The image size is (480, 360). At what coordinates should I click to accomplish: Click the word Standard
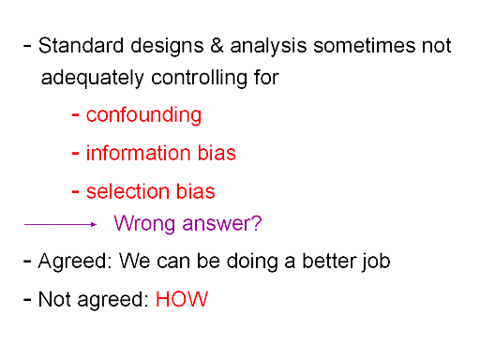(82, 45)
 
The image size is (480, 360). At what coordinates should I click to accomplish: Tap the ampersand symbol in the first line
(217, 46)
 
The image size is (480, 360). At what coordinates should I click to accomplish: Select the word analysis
(268, 47)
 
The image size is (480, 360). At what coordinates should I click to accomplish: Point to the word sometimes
(365, 46)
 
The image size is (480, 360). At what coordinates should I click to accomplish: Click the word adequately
(93, 79)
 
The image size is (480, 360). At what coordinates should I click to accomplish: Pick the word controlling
(199, 79)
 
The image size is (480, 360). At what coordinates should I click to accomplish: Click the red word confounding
(143, 115)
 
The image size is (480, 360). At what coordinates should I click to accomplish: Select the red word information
(139, 153)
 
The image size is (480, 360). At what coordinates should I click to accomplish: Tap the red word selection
(127, 191)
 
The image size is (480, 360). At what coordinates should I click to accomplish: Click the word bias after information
(217, 153)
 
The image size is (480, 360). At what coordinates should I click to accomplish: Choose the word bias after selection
(196, 191)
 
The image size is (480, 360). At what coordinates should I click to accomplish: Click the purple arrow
(60, 224)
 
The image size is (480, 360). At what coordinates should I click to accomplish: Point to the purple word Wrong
(145, 224)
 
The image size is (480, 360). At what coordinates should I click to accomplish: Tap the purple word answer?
(222, 224)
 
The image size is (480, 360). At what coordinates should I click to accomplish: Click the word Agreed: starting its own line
(75, 262)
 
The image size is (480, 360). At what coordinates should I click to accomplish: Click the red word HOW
(182, 299)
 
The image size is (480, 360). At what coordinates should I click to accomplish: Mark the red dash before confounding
(75, 115)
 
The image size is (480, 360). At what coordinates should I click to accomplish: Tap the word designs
(167, 47)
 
